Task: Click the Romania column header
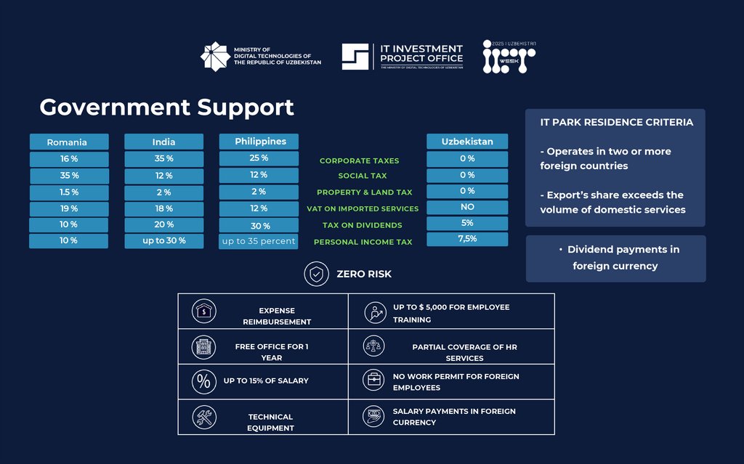point(68,142)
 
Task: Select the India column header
point(163,142)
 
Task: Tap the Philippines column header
point(259,142)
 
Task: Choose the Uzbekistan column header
point(467,142)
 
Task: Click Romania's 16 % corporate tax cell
point(68,159)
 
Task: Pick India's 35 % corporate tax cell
point(163,159)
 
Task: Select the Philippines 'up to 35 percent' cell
point(259,241)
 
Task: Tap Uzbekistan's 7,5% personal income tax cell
point(467,240)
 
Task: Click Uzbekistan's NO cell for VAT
point(467,207)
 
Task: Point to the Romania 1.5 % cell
point(68,192)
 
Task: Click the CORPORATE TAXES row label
point(359,160)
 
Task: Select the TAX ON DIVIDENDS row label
point(359,225)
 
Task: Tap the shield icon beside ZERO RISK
point(315,274)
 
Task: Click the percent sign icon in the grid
point(203,381)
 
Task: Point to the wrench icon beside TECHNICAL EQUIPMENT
point(203,418)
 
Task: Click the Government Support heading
point(166,107)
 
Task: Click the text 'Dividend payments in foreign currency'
point(616,258)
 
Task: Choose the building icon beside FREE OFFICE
point(203,347)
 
